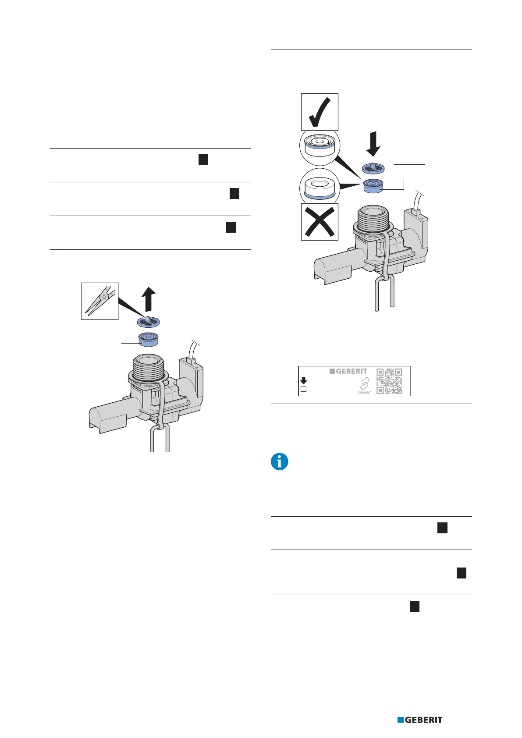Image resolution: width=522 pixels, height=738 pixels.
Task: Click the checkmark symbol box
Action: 320,112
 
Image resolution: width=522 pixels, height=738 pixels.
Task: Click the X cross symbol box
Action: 320,221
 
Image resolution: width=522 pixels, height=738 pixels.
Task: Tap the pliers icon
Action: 100,301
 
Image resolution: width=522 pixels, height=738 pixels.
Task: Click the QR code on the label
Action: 389,381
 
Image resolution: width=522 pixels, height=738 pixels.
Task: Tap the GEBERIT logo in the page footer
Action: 420,720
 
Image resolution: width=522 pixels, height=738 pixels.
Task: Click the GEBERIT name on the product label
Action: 348,371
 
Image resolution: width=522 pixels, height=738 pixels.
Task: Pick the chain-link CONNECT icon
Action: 365,383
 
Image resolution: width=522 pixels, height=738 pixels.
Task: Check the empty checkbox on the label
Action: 304,389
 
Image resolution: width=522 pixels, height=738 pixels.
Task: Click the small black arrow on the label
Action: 304,380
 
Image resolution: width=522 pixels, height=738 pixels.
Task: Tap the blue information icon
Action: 280,462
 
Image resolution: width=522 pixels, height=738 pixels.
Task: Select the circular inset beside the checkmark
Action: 319,146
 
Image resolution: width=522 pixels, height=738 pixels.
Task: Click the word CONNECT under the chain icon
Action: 365,393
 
